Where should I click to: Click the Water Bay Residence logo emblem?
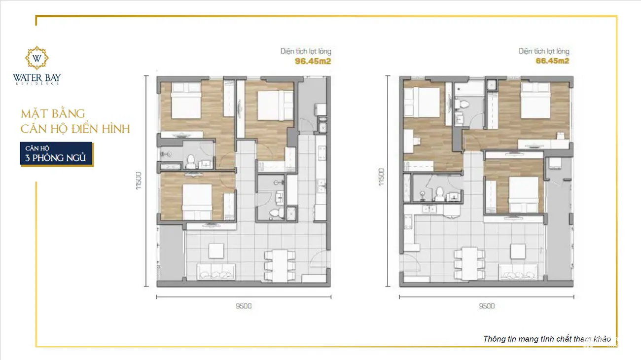[x=37, y=58]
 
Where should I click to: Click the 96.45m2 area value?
[x=313, y=61]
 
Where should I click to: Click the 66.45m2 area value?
[x=552, y=61]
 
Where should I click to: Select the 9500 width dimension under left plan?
[x=244, y=306]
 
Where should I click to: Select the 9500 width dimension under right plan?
[x=486, y=306]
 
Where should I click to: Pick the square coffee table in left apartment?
[x=216, y=251]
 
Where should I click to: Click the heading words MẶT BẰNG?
[x=53, y=114]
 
